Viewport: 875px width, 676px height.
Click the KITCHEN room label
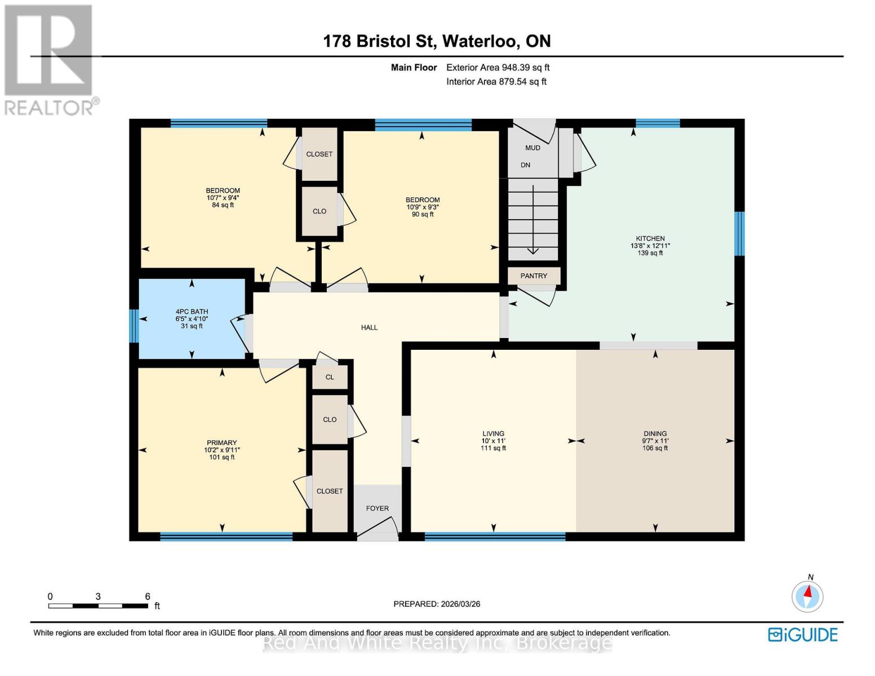click(650, 239)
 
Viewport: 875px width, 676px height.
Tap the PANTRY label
click(534, 276)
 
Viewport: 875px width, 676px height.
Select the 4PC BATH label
click(192, 312)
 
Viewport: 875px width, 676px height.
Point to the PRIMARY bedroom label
click(221, 443)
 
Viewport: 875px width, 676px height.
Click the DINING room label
click(655, 434)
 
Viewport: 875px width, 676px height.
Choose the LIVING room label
click(493, 434)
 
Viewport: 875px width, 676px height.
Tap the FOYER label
click(377, 508)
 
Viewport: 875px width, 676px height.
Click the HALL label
click(369, 327)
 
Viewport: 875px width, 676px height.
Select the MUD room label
click(532, 148)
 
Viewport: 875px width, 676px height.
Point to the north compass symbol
click(807, 595)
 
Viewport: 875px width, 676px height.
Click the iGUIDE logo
click(802, 635)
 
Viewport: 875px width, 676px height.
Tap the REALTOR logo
click(50, 59)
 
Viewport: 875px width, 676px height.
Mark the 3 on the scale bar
click(98, 597)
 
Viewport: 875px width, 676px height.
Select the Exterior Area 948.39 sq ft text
click(498, 68)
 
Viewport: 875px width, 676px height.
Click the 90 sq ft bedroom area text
click(423, 215)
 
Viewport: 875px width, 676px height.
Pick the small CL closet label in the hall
click(330, 377)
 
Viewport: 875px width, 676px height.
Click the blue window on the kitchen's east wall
click(739, 233)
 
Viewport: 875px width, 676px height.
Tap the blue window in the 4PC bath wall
click(134, 326)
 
